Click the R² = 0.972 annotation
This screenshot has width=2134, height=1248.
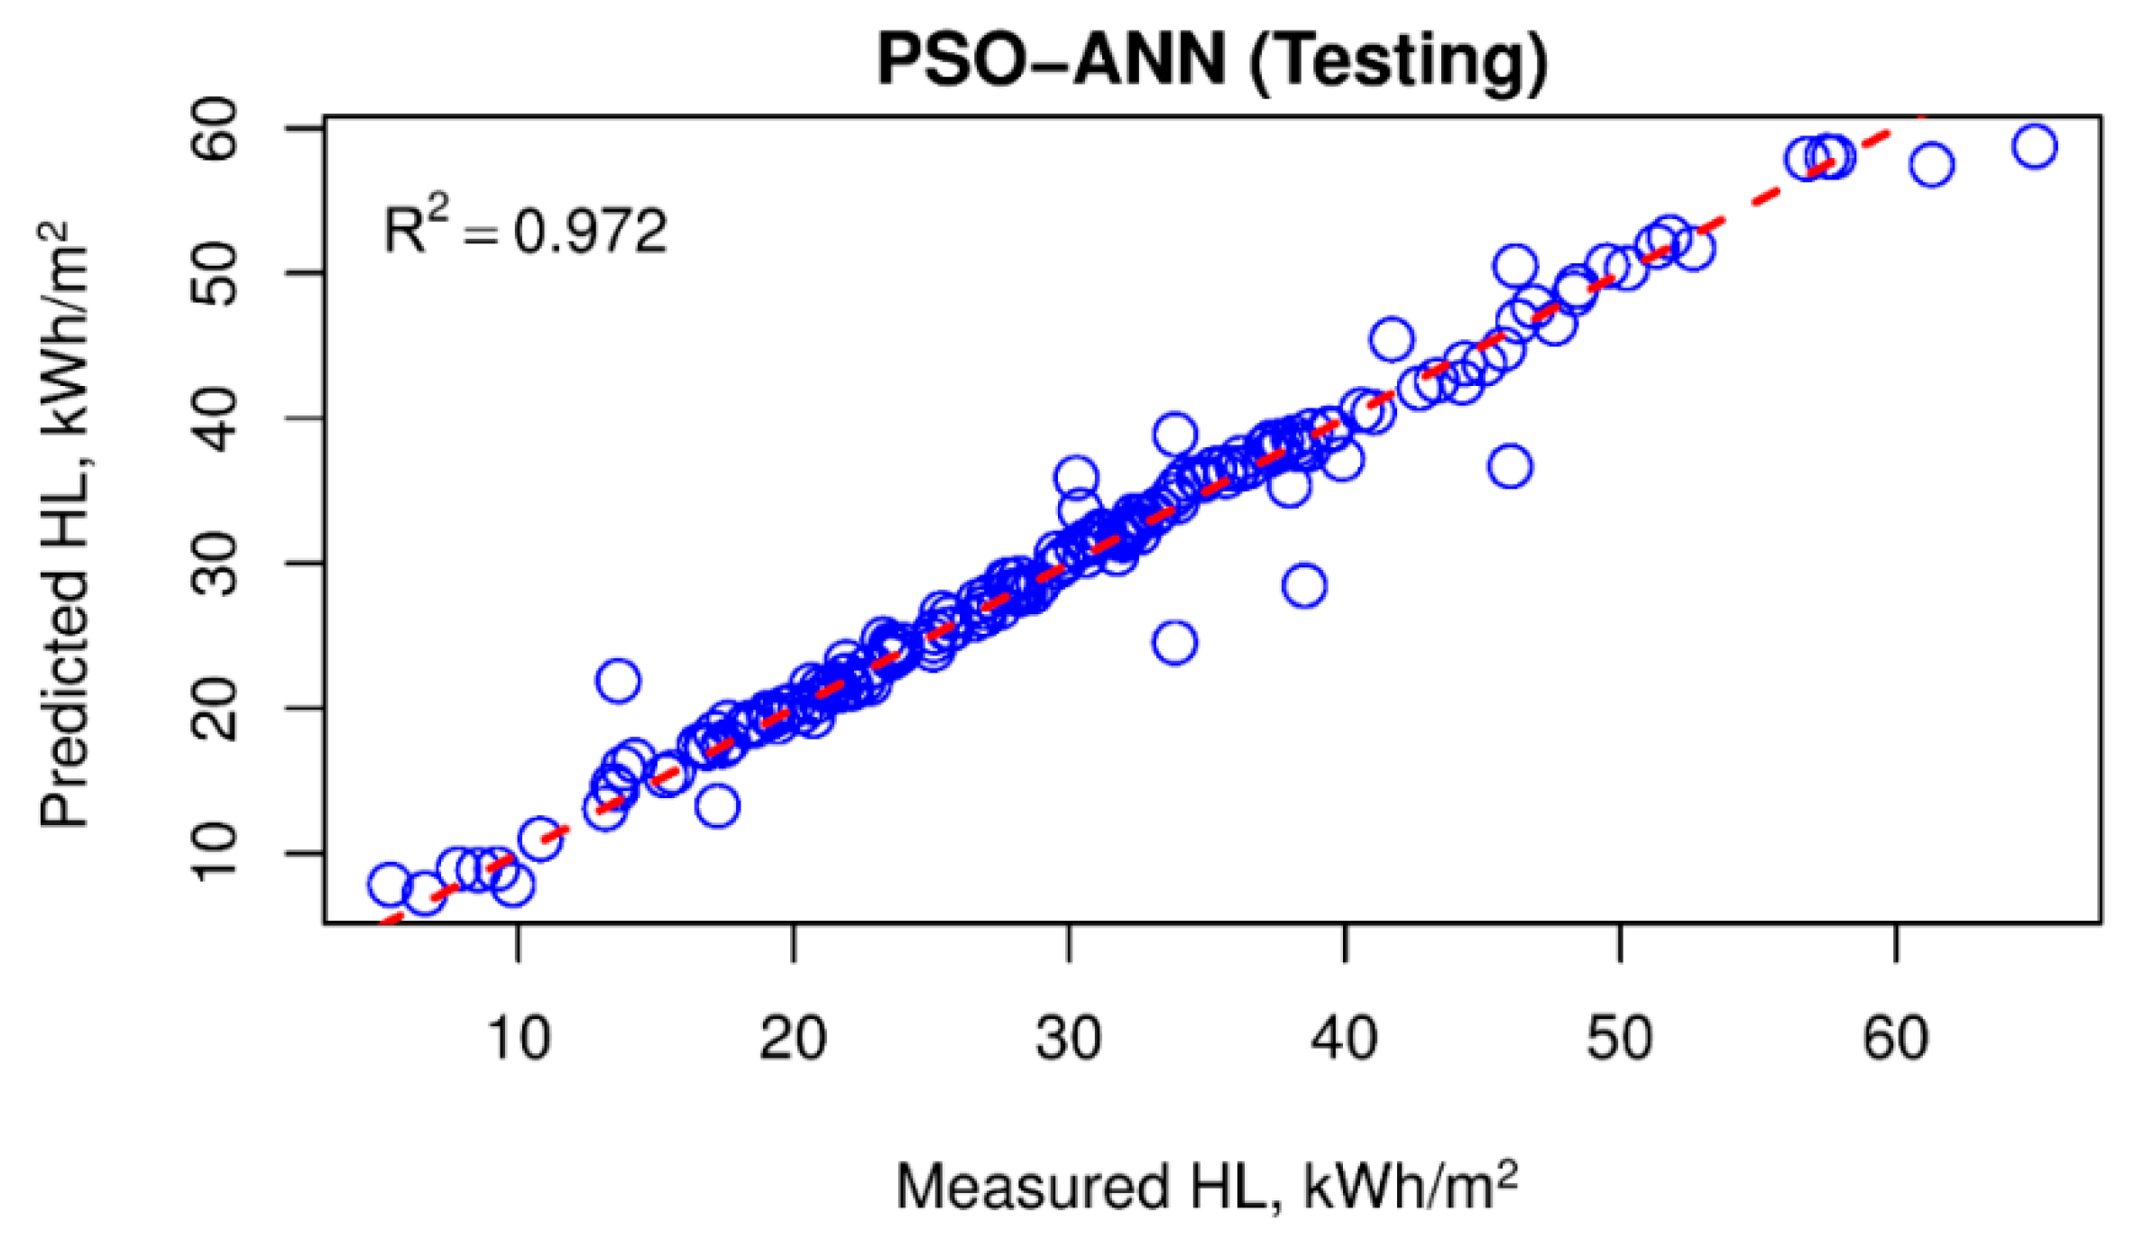[525, 231]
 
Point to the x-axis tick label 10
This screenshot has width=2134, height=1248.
[518, 1039]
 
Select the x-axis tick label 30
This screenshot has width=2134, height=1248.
[1069, 1039]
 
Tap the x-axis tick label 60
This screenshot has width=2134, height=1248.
[1896, 1039]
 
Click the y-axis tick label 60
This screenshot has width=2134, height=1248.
[216, 129]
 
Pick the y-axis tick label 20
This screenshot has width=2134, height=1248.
[216, 709]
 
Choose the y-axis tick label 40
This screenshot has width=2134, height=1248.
[216, 419]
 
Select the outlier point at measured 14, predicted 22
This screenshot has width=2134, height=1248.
[619, 680]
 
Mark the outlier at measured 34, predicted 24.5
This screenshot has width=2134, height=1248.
[1175, 643]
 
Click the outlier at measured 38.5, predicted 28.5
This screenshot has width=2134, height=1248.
[1304, 585]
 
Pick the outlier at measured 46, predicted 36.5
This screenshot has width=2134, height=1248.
[1511, 467]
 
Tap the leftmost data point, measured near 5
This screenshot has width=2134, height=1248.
[390, 886]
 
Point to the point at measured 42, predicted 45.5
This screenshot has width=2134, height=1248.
[1392, 340]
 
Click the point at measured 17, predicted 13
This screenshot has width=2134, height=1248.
[718, 806]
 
